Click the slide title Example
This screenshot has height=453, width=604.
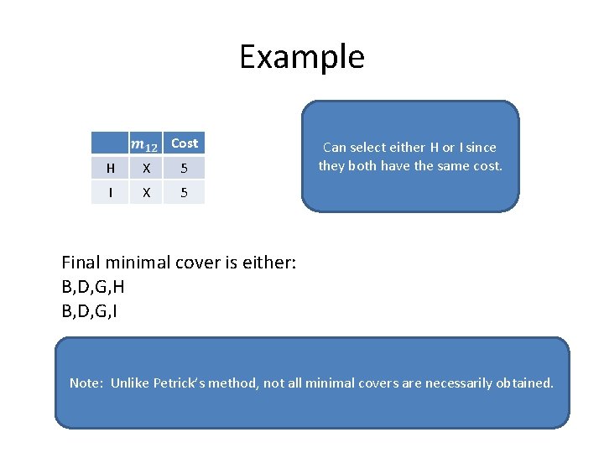(301, 57)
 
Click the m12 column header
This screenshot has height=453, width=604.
(146, 144)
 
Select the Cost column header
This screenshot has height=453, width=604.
(184, 143)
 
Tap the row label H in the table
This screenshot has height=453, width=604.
(111, 169)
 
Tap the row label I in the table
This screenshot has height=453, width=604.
(111, 192)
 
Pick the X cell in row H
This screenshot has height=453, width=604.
(147, 169)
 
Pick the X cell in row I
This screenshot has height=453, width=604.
(147, 192)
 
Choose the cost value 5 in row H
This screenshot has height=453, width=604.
(184, 169)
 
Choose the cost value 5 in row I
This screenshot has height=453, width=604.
(184, 192)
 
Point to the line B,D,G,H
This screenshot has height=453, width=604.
(93, 287)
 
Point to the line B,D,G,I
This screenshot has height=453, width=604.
(91, 312)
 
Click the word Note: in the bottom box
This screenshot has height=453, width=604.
(86, 383)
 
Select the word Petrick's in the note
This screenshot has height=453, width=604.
(186, 383)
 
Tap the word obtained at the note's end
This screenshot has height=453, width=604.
(527, 383)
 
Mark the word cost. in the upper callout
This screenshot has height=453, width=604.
(484, 166)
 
